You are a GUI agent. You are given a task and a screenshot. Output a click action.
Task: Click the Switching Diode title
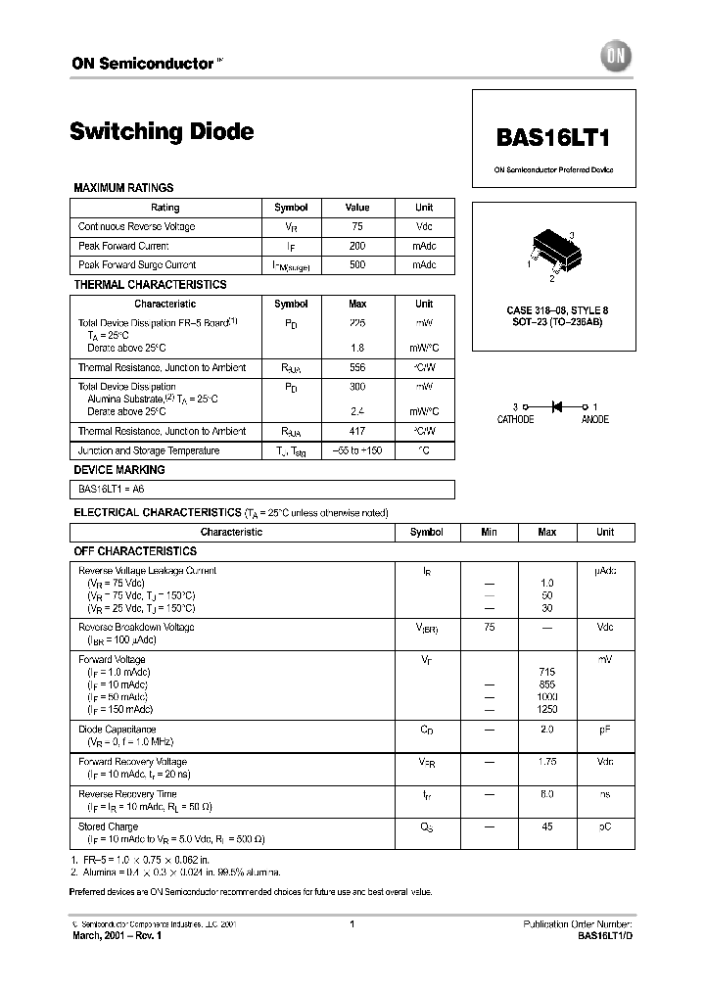coord(162,131)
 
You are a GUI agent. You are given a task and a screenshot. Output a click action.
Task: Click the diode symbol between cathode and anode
coord(554,405)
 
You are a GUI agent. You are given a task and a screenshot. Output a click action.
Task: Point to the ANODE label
coord(594,419)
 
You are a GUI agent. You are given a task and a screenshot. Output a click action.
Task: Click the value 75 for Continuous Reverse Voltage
coord(357,226)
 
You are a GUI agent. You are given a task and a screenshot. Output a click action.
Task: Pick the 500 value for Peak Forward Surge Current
coord(357,264)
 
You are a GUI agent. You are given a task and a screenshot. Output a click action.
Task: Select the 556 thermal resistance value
coord(357,367)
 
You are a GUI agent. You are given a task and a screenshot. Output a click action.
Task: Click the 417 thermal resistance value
coord(357,431)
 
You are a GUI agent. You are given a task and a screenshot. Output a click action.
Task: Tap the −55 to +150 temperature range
coord(357,450)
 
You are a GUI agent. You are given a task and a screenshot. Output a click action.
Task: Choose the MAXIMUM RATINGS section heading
coord(123,187)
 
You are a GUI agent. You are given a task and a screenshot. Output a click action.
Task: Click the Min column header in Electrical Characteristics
coord(489,532)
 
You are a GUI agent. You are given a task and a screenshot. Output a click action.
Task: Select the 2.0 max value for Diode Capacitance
coord(547,730)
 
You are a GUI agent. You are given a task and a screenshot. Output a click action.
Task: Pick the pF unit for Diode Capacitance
coord(605,730)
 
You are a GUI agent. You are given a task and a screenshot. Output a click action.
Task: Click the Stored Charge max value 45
coord(547,826)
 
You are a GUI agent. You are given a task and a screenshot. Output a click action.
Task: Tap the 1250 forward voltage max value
coord(547,708)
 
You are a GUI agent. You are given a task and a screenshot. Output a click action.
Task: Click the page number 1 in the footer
coord(352,924)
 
